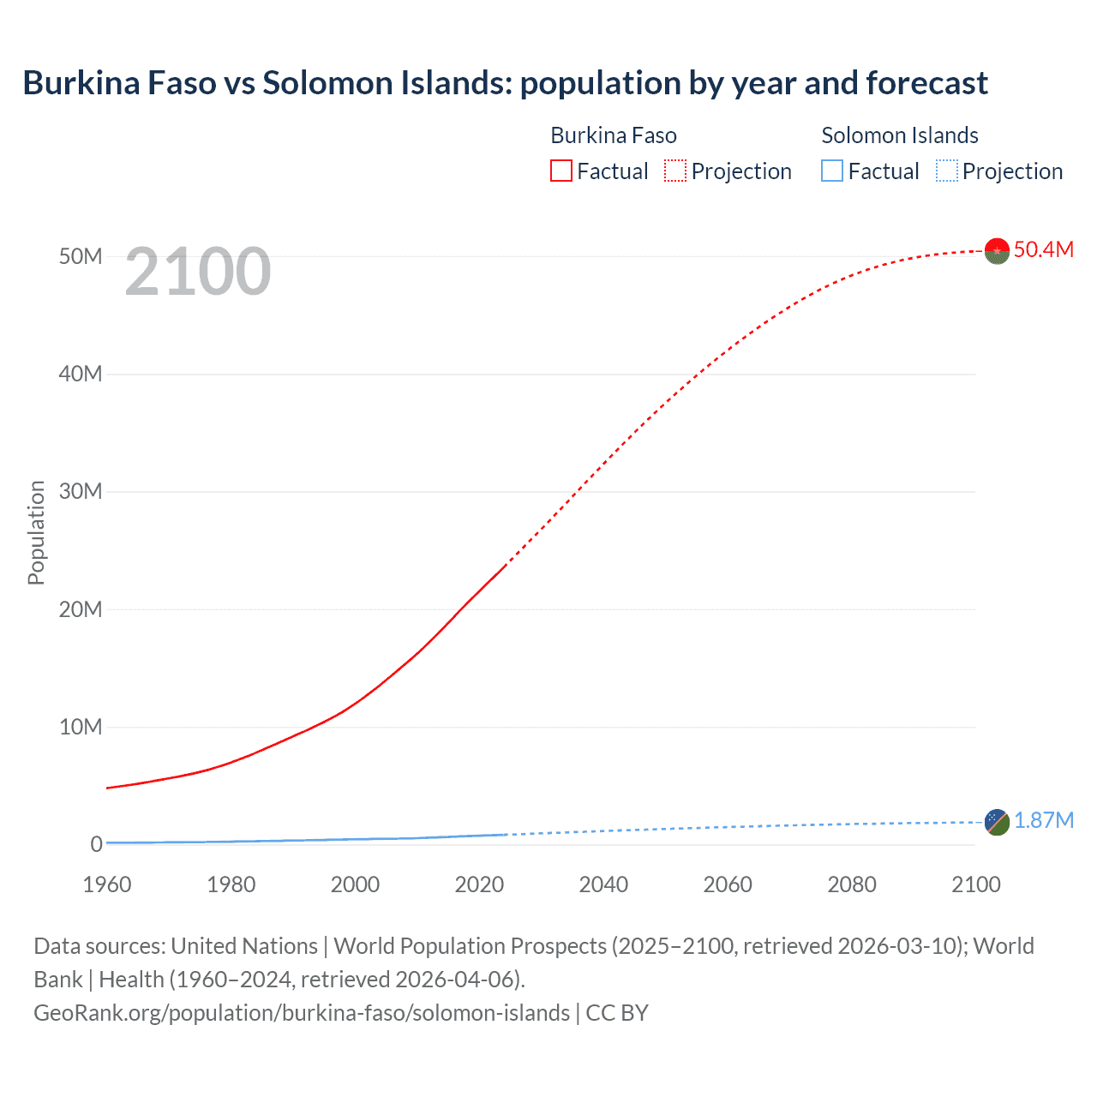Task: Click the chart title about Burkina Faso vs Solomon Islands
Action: point(505,83)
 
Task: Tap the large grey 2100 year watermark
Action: point(198,272)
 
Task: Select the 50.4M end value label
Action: point(1043,249)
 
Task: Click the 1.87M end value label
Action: point(1044,821)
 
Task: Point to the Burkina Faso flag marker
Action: point(997,250)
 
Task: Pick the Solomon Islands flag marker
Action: point(997,822)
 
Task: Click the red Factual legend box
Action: point(561,171)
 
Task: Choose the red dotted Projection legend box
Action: point(675,171)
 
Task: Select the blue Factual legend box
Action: point(832,171)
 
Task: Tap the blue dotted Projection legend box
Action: point(947,171)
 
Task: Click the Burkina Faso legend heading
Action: point(613,135)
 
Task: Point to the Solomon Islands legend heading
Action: point(899,135)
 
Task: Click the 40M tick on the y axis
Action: point(81,374)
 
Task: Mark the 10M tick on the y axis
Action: point(81,727)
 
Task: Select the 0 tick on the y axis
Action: point(96,844)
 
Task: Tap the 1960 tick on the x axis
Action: point(107,884)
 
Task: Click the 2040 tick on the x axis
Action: point(603,884)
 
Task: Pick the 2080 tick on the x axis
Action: point(852,884)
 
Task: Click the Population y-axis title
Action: point(36,532)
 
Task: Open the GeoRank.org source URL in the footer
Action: point(302,1013)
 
